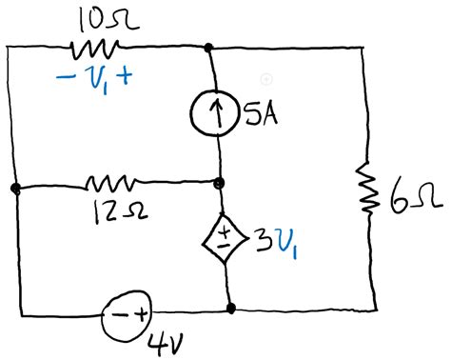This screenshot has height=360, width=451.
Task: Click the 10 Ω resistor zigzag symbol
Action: tap(93, 47)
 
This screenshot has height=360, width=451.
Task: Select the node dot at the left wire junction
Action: tap(16, 189)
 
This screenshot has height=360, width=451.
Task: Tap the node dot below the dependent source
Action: tap(230, 309)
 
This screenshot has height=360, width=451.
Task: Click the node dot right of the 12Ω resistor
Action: tap(219, 182)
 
